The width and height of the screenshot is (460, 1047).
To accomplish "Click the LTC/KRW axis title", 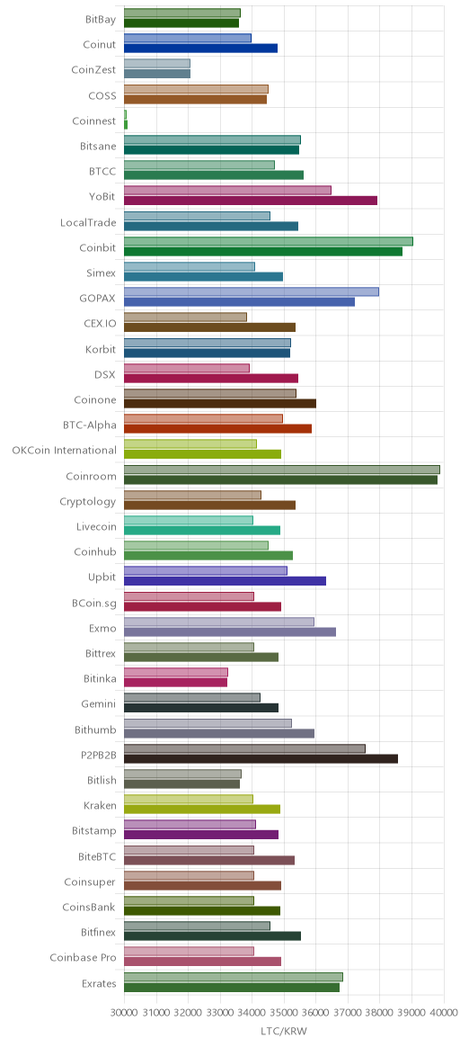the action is click(284, 1031).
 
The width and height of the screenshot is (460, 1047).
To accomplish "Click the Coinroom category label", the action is click(92, 476).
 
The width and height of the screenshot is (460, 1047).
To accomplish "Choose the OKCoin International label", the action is click(64, 451).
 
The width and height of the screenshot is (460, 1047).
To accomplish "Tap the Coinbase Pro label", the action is click(84, 958).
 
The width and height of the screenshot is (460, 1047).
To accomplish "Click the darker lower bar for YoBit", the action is click(251, 201).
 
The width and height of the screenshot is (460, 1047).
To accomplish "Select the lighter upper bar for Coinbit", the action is click(269, 241).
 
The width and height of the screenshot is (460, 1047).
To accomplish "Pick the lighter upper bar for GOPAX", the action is click(252, 291).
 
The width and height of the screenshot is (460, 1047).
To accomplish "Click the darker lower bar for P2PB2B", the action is click(261, 758).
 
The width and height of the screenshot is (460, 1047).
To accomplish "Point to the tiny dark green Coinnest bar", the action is click(126, 124).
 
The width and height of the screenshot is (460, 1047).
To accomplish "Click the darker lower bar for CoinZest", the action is click(157, 74).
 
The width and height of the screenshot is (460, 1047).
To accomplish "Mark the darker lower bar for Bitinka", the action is click(175, 683).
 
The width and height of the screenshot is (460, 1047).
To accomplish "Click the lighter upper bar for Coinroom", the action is click(282, 470).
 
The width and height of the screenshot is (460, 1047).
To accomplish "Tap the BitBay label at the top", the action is click(102, 20).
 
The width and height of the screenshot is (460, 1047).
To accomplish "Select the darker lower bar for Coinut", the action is click(200, 48).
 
